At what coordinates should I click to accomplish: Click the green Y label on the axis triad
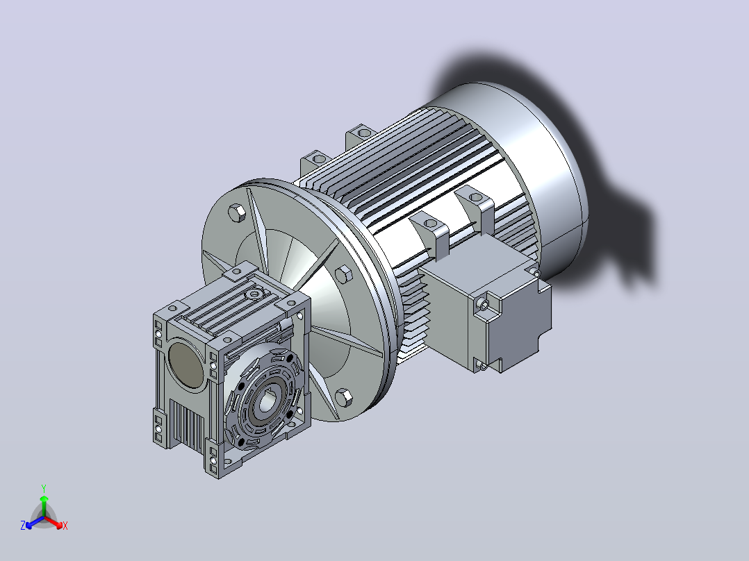(x=44, y=488)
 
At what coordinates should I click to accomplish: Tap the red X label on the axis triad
(x=65, y=526)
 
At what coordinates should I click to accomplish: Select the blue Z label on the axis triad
(x=22, y=525)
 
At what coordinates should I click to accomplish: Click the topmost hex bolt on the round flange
(x=237, y=212)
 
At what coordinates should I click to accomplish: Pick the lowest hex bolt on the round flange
(x=343, y=397)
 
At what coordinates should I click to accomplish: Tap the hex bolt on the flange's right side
(x=343, y=276)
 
